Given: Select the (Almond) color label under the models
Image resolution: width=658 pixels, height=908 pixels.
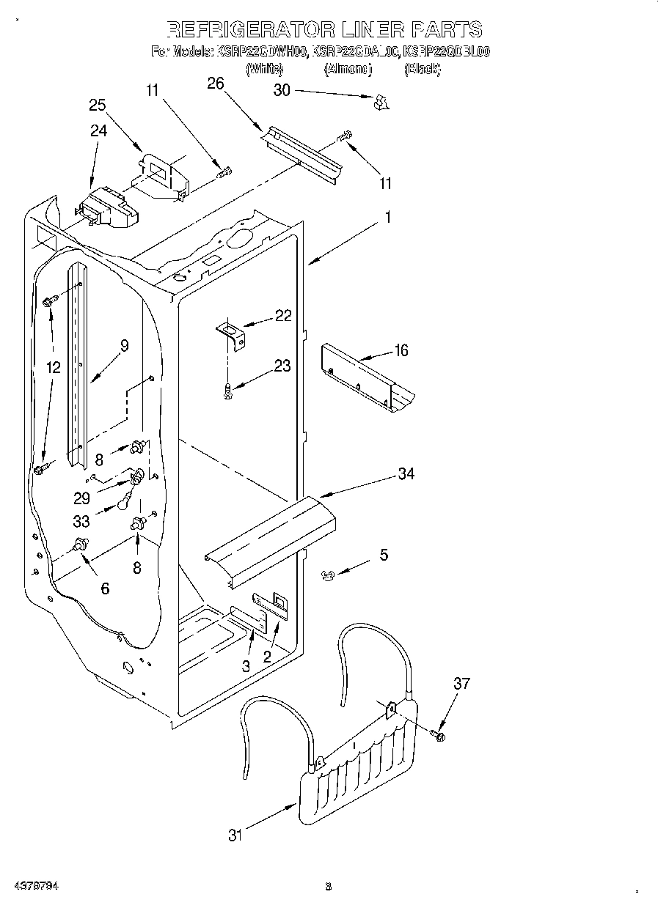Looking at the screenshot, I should click(x=348, y=69).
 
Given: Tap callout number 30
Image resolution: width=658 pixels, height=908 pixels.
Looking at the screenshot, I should click(x=282, y=90).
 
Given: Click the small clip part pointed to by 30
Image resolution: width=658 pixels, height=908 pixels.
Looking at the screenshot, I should click(x=381, y=103).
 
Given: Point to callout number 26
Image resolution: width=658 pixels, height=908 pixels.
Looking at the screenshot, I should click(x=215, y=84).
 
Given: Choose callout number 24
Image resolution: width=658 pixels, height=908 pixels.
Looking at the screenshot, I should click(x=98, y=131).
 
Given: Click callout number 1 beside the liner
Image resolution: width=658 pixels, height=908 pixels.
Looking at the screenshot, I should click(x=387, y=217).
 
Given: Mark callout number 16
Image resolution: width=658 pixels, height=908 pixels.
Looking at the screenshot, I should click(x=401, y=350).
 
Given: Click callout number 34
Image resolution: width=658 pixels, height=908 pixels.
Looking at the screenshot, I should click(x=406, y=474).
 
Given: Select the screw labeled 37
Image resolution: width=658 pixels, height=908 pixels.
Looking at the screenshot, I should click(x=439, y=734).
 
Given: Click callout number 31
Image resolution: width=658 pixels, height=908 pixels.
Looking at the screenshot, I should click(x=234, y=835).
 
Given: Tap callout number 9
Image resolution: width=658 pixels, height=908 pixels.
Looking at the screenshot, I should click(x=124, y=346).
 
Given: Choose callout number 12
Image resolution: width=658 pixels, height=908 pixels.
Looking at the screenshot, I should click(x=53, y=368).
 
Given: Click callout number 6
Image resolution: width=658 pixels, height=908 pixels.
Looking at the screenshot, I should click(x=105, y=588).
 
